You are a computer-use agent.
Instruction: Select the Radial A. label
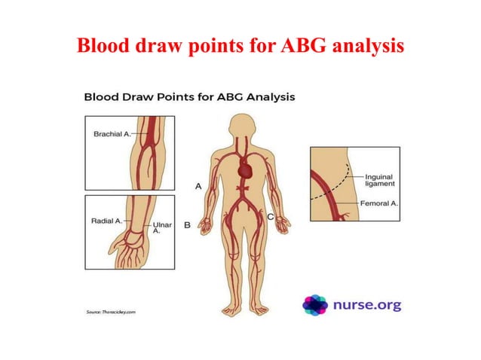click(106, 221)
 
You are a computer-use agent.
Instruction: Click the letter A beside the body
click(198, 185)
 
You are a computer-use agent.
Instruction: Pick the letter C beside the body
click(270, 216)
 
